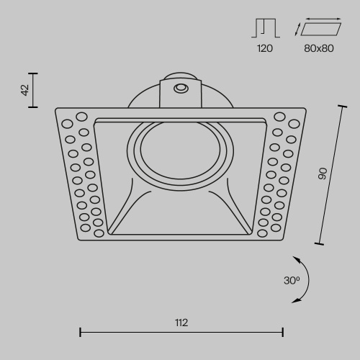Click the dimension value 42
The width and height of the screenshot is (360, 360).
pos(25,90)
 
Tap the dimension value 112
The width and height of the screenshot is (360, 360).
pos(181,322)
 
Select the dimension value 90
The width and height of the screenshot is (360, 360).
pos(323,173)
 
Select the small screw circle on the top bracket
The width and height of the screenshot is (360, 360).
pos(181,88)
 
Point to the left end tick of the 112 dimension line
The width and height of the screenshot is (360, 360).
pos(79,332)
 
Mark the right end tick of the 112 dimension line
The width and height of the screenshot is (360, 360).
pos(282,332)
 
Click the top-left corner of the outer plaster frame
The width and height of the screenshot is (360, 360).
pos(56,109)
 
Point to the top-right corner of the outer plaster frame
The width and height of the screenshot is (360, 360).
pos(305,109)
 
